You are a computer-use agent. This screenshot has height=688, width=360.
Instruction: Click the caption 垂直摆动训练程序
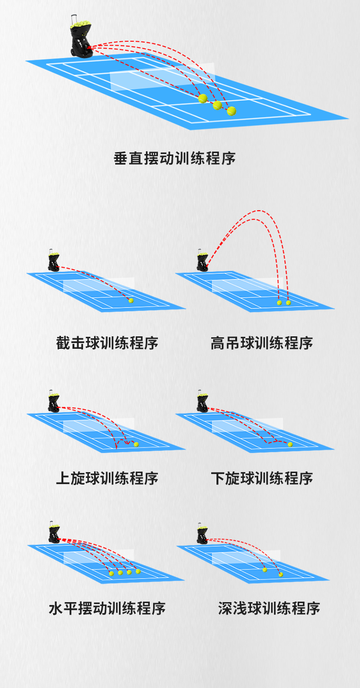174,158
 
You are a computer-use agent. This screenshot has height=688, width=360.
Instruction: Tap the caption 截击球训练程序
107,343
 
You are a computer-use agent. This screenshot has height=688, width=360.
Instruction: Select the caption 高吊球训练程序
262,343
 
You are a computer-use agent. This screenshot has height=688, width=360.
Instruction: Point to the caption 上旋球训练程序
107,478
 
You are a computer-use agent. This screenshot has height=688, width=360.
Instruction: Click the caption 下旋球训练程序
262,478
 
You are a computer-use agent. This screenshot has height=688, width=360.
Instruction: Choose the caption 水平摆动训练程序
107,608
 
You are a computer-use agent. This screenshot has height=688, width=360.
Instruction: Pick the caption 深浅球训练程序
269,608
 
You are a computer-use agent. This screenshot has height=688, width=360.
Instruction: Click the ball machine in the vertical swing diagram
81,36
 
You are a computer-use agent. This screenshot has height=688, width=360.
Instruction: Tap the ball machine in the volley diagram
53,260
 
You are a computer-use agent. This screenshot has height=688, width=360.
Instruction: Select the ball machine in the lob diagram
202,260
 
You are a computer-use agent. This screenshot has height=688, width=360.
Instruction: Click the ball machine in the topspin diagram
53,401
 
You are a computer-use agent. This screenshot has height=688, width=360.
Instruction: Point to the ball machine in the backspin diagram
202,401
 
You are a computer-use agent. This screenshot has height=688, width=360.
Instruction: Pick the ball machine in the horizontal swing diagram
54,533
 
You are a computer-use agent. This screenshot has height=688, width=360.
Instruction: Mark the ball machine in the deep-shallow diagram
202,534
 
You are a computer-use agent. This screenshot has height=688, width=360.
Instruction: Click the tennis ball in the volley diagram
131,301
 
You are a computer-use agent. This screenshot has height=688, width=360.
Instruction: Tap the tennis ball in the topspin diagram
136,444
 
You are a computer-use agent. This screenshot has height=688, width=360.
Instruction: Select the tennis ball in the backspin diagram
290,444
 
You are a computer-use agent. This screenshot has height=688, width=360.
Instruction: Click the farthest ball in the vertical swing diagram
232,111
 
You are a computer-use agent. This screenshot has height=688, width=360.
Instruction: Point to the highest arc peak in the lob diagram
260,211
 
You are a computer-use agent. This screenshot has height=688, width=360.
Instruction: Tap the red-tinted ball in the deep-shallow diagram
281,574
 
